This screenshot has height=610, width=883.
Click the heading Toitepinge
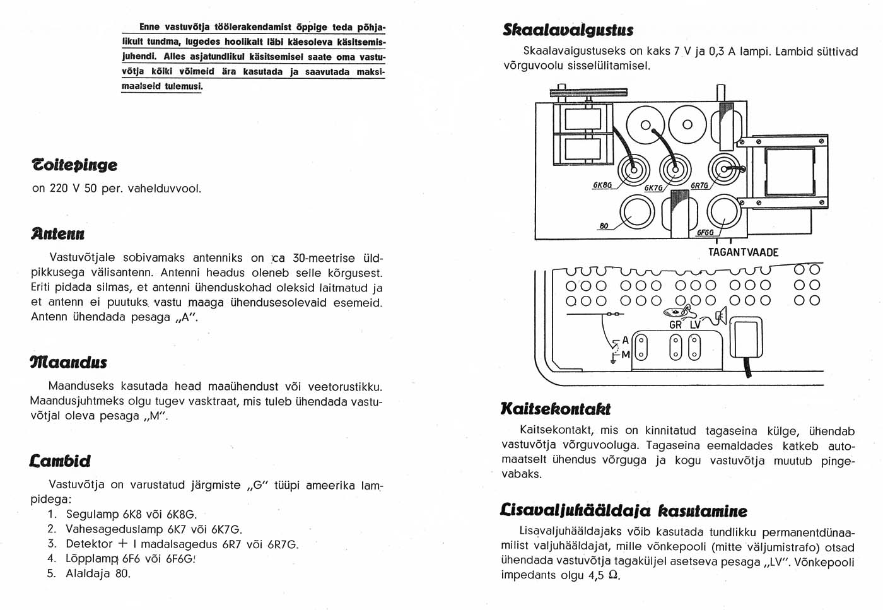(74, 165)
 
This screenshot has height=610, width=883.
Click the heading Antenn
(58, 234)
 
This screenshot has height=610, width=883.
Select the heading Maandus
(68, 363)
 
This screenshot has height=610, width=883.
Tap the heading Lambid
(61, 460)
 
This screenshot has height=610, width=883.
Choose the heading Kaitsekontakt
(555, 409)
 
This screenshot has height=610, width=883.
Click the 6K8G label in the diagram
(602, 185)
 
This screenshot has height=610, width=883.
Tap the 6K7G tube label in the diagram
(653, 187)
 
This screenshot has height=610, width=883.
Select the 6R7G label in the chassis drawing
(699, 185)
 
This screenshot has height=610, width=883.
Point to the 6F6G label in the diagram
(705, 232)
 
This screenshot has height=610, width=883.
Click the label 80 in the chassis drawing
(604, 225)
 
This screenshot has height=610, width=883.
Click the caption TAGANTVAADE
(743, 252)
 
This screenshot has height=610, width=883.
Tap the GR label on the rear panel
(675, 325)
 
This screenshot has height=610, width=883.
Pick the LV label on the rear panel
(696, 325)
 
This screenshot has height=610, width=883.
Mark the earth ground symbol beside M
(612, 360)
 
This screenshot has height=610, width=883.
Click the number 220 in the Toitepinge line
(59, 188)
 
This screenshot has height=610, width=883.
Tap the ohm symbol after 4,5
(613, 575)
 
